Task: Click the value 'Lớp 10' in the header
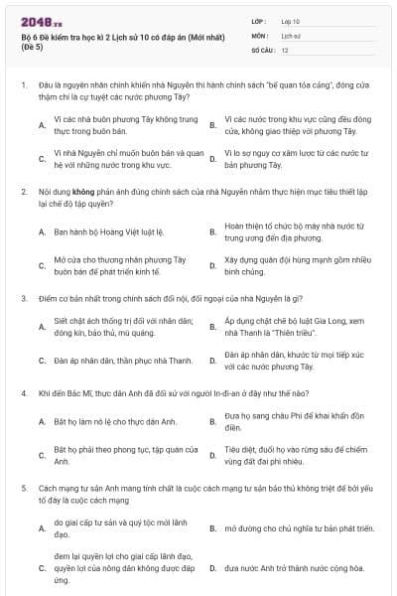(291, 21)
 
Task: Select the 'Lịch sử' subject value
(290, 35)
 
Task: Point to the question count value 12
(285, 49)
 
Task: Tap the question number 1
(23, 85)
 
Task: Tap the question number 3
(23, 297)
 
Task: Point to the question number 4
(23, 391)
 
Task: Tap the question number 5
(23, 489)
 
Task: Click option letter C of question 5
(42, 568)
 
